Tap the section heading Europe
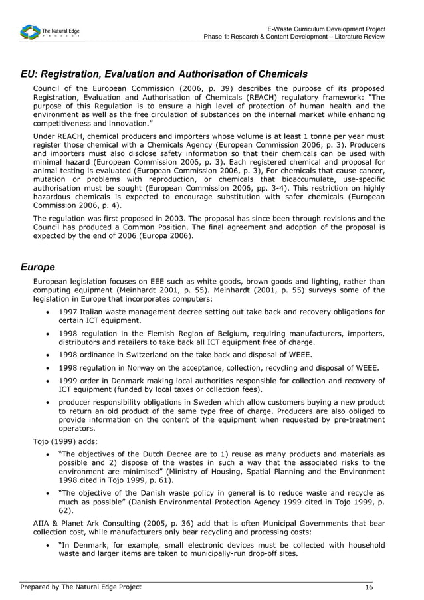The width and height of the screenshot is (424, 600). click(x=37, y=267)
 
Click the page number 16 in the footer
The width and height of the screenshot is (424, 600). click(x=369, y=587)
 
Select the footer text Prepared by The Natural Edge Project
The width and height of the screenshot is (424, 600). click(x=80, y=587)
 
